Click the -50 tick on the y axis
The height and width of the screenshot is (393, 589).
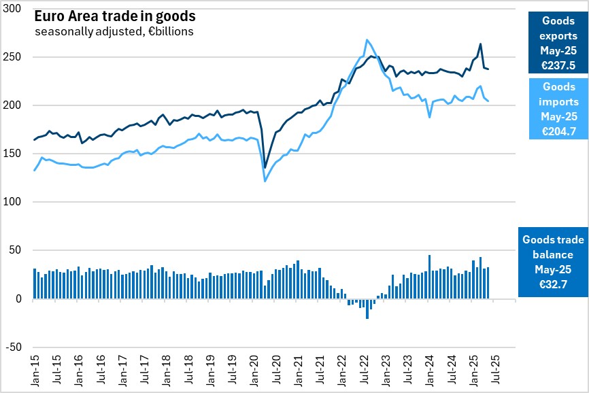[x=14, y=347]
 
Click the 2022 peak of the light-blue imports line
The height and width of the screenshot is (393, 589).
[x=367, y=40]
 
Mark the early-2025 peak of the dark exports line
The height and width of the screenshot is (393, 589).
[x=481, y=44]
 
